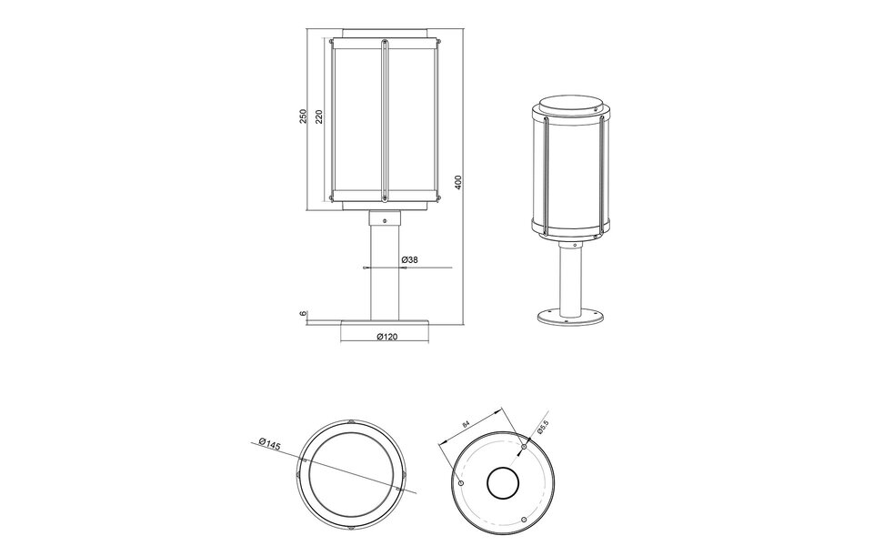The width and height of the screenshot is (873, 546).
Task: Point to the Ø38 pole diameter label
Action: point(409,260)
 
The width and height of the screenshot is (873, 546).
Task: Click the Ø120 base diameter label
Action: point(386,338)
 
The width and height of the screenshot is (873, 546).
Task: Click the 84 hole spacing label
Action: point(467,423)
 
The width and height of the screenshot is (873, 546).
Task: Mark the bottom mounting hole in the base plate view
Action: point(524,520)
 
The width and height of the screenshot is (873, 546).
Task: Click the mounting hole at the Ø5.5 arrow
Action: point(524,447)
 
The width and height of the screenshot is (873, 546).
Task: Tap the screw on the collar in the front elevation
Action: point(385,221)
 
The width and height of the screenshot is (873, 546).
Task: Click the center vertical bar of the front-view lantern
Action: point(385,118)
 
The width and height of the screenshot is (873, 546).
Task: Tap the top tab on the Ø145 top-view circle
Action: point(352,421)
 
